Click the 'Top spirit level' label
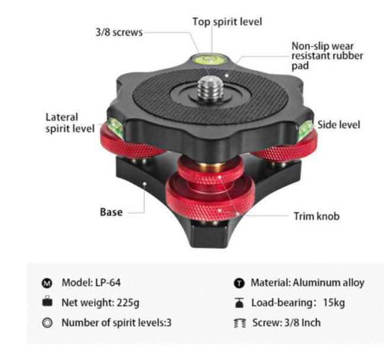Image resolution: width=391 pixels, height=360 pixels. [227, 22]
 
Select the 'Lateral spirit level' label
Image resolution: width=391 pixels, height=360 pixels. [69, 123]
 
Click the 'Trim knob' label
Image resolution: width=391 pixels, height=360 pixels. [316, 216]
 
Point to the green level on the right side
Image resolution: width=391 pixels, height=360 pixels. [306, 129]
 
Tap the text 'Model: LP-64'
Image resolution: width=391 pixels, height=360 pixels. [91, 282]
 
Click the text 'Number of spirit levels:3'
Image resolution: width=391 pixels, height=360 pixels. [117, 323]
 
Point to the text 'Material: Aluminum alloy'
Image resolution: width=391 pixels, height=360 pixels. [307, 283]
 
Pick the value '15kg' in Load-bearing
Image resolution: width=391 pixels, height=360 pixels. [334, 303]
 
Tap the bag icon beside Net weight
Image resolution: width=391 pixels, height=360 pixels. [48, 302]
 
